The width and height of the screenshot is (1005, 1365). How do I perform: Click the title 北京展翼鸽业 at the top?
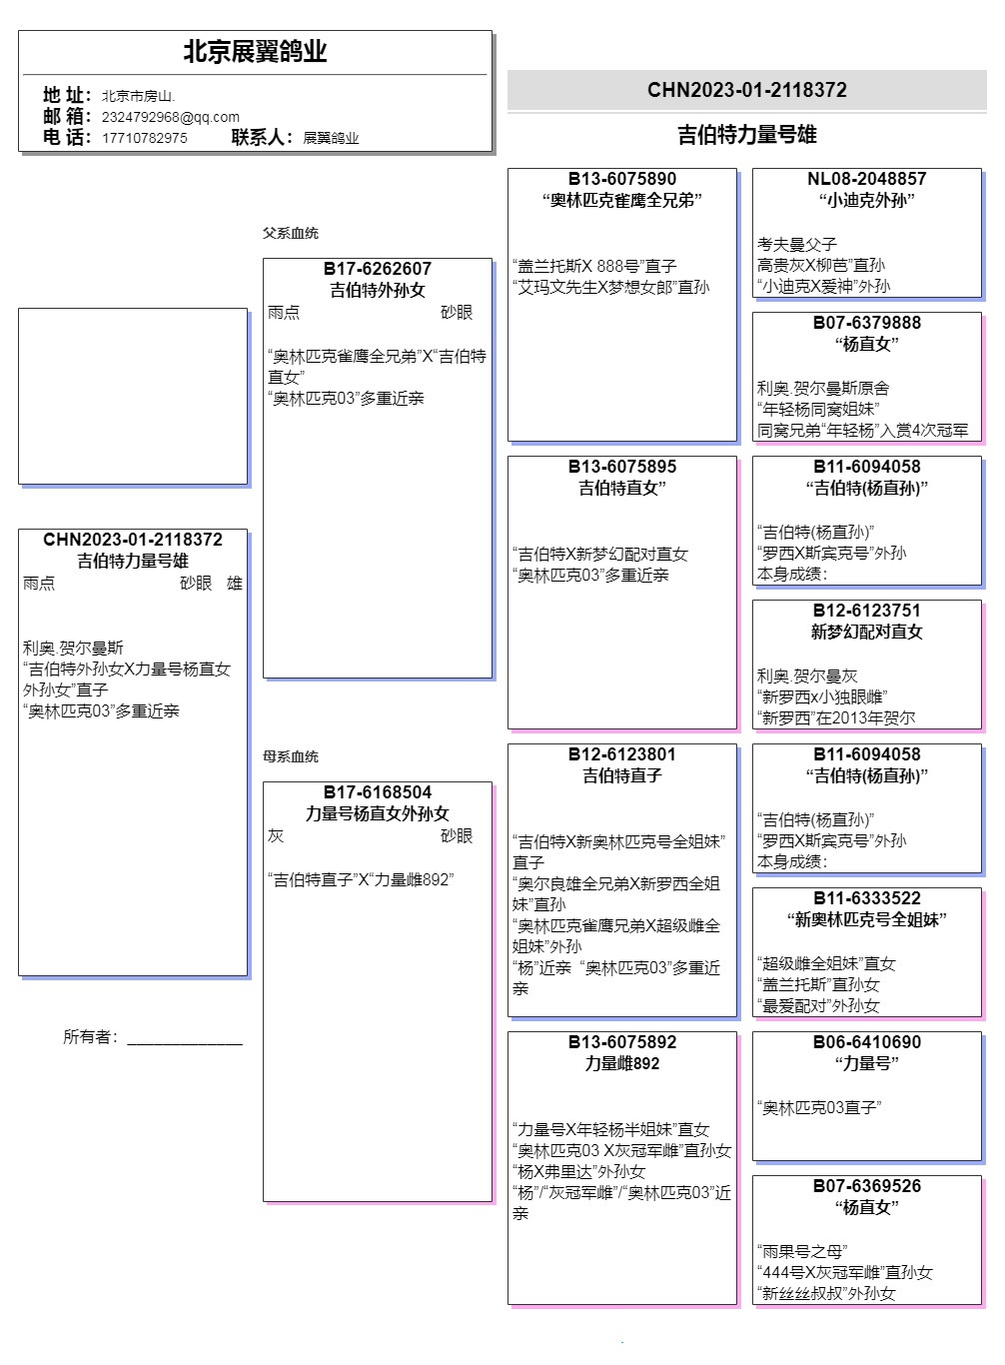pos(255,52)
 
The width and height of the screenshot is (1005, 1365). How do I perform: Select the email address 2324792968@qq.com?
pos(170,117)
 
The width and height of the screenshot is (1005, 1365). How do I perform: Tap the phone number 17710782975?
pos(144,138)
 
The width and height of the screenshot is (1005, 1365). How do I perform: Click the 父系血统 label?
pos(291,233)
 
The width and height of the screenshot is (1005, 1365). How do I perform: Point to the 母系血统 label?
pos(291,756)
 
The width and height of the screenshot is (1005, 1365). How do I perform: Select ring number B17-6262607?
pos(378,269)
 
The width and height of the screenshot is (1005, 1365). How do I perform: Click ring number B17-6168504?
pos(378,792)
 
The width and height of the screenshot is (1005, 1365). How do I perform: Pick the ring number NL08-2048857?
pos(867,179)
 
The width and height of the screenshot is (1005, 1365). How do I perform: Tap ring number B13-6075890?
pos(622,179)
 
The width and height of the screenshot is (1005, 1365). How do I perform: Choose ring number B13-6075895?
pos(622,467)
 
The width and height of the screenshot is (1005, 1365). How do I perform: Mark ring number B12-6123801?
pos(622,754)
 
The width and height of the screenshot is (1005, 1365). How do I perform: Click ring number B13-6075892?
pos(622,1042)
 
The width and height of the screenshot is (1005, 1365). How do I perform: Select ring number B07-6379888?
pos(867,323)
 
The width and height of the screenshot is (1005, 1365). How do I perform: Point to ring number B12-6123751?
pos(867,611)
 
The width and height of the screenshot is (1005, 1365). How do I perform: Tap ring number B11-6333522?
pos(867,898)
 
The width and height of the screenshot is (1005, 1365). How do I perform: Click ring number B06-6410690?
pos(867,1042)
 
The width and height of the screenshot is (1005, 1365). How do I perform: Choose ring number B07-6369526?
pos(867,1186)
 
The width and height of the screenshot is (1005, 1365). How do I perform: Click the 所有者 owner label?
pos(90,1037)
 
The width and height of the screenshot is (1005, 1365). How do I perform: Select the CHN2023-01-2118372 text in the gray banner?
pos(747,90)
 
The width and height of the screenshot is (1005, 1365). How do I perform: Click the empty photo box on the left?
pos(133,396)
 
